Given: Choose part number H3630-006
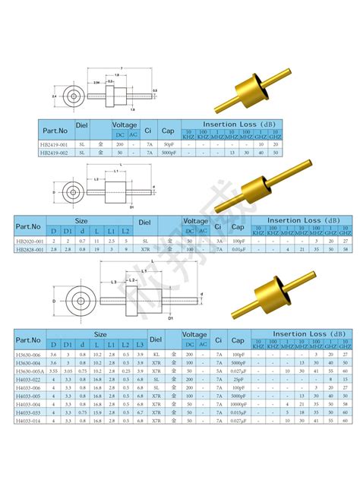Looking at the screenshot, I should pyautogui.click(x=29, y=354).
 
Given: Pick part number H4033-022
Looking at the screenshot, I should pyautogui.click(x=29, y=380).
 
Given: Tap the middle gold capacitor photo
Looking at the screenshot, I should pyautogui.click(x=270, y=186).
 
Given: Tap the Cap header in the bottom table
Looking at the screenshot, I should pyautogui.click(x=237, y=338).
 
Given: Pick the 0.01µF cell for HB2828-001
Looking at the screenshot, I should pyautogui.click(x=238, y=249).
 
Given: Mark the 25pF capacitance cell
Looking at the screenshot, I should pyautogui.click(x=237, y=380).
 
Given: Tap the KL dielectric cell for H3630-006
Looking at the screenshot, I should pyautogui.click(x=156, y=354).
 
